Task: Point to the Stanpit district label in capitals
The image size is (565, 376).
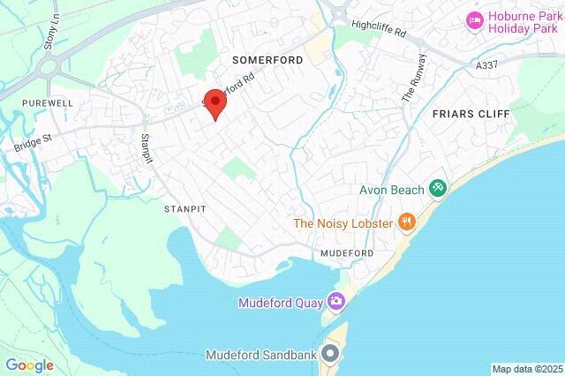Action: click(x=185, y=210)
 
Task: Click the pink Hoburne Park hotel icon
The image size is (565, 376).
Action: click(x=475, y=19)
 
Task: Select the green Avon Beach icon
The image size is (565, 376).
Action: click(x=437, y=188)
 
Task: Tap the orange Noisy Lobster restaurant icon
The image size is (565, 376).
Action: click(x=406, y=222)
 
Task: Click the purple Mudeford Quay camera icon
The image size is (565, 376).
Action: click(x=335, y=302)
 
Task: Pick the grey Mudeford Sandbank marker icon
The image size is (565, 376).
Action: click(x=331, y=355)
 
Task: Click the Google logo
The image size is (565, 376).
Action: click(x=29, y=364)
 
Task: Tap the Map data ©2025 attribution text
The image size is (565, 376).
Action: click(x=527, y=369)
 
